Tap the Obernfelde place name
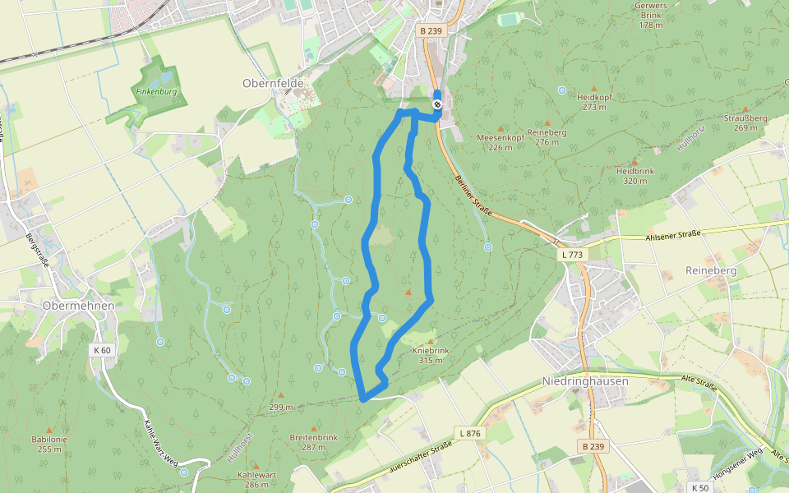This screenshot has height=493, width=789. pos(274,83)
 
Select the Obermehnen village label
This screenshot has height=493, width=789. pos(77,305)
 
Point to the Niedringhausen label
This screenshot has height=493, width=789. pos(585,381)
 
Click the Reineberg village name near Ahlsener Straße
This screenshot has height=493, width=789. pos(710,270)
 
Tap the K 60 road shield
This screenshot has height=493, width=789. pos(102,350)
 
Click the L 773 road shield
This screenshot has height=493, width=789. pos(574,256)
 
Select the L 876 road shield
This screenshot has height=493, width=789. pos(469,433)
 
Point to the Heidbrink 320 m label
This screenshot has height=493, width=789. pos(634,175)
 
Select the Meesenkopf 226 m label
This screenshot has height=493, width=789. pos(500,142)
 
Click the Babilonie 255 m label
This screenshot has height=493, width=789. pos(49,444)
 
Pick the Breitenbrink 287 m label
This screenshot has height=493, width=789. pos(313,442)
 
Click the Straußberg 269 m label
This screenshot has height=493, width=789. pos(745,122)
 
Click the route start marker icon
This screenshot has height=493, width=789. pos(437,104)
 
